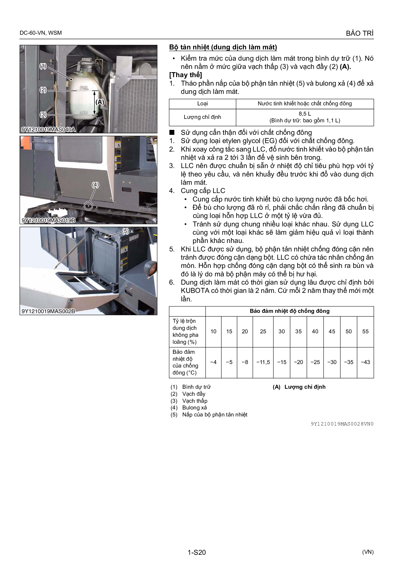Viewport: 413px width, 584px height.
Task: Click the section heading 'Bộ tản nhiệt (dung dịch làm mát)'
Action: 223,47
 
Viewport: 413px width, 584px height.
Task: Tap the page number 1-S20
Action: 197,552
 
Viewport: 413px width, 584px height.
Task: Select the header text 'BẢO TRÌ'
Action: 360,33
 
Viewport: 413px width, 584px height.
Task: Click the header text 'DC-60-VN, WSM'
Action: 41,33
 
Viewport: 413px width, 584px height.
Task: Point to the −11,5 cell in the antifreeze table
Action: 263,362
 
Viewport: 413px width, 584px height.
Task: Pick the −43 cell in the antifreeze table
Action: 365,362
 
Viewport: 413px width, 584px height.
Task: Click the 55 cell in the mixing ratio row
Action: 365,331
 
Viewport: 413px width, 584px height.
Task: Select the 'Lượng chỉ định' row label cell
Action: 202,117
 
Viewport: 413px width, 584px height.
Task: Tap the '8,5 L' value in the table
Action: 305,114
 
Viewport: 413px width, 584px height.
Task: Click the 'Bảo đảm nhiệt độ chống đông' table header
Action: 290,311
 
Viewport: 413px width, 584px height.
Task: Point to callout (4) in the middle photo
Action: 95,185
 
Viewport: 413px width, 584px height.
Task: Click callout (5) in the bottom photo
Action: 125,231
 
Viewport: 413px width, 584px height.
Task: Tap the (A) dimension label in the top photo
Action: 100,102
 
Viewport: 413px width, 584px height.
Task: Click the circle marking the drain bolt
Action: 88,205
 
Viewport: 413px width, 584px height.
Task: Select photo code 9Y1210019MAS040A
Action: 48,130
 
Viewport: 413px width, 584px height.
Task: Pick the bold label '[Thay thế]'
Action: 185,75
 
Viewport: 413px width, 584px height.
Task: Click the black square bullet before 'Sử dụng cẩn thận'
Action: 172,132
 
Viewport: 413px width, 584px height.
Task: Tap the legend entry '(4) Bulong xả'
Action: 189,407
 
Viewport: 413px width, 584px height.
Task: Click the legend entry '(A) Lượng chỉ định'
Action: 299,387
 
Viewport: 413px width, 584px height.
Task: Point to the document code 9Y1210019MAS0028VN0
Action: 342,424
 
